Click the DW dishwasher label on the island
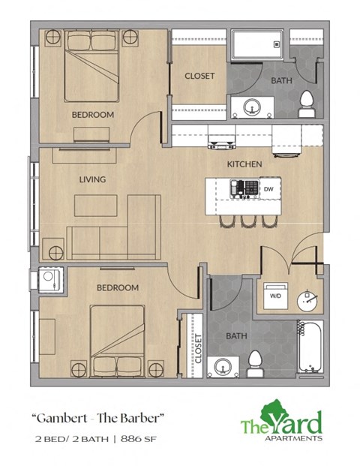coord(268,190)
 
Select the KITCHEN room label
coord(244,164)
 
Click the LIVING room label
coord(92,179)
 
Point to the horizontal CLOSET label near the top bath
coord(200,76)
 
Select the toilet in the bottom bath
coord(254,364)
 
